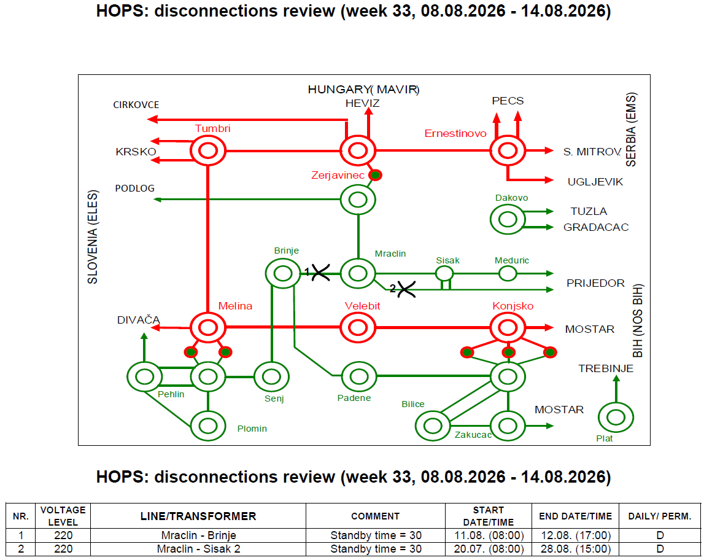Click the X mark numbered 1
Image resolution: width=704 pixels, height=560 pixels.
pos(320,272)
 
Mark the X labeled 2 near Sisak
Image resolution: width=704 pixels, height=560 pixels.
pos(406,289)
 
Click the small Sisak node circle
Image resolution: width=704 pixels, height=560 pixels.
pos(444,266)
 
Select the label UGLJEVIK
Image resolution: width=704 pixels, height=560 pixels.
pos(595,182)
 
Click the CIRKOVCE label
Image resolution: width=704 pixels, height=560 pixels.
pos(136,105)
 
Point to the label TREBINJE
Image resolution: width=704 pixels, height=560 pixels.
pos(606,368)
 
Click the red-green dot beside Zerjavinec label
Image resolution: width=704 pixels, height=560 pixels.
pos(376,175)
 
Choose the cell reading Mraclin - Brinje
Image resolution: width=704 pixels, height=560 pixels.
pos(198,535)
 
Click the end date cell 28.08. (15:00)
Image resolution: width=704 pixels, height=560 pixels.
pos(576,549)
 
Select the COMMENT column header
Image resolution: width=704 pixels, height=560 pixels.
pos(376,516)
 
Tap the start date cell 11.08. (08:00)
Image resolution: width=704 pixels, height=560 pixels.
pos(489,535)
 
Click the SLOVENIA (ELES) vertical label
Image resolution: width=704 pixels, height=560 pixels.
pos(93,237)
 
